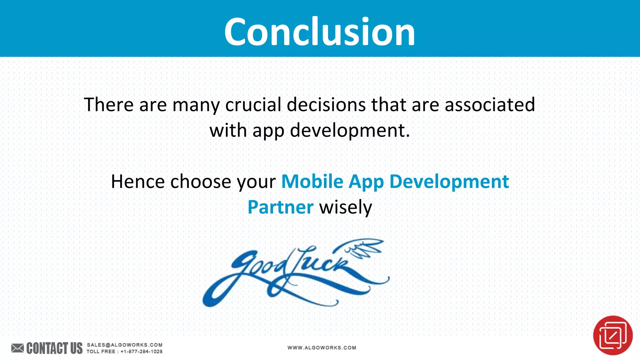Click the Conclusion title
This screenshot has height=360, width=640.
pos(319,31)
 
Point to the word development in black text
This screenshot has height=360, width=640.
pos(349,130)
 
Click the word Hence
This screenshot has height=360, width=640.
pos(138,182)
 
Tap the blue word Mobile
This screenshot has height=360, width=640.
pos(312,182)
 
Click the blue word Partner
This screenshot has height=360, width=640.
pos(280,207)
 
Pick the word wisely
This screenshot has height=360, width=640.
pos(345,208)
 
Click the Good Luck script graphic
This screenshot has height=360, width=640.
pos(291,272)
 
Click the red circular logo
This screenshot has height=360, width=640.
pos(612,335)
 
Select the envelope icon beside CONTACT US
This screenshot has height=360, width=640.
pos(17,348)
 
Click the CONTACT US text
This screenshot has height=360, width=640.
pos(54,348)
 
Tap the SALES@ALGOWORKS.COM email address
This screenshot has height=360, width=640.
pos(124,345)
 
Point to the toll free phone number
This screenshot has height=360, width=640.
pos(141,352)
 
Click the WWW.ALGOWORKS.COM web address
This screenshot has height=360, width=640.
pos(322,347)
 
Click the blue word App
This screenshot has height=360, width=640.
pos(366,182)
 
